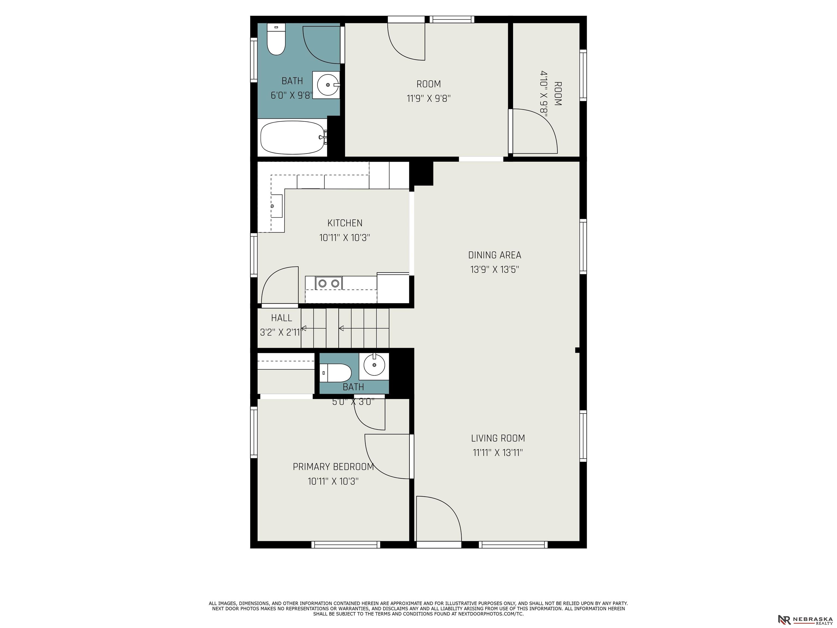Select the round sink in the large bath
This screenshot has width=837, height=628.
point(327,85)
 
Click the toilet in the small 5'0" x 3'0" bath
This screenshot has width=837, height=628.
point(336,373)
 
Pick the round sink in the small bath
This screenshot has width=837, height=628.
point(374,365)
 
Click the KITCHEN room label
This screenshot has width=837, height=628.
point(345,223)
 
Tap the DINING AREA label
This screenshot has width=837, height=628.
point(495,255)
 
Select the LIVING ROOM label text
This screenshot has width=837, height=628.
point(498,438)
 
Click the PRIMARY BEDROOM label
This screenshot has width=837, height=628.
point(333,467)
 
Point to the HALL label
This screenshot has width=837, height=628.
point(281,318)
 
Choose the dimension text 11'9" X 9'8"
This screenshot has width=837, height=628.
point(429,98)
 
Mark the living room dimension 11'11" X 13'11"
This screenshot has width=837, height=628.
point(498,452)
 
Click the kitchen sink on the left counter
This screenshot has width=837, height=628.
point(277,206)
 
